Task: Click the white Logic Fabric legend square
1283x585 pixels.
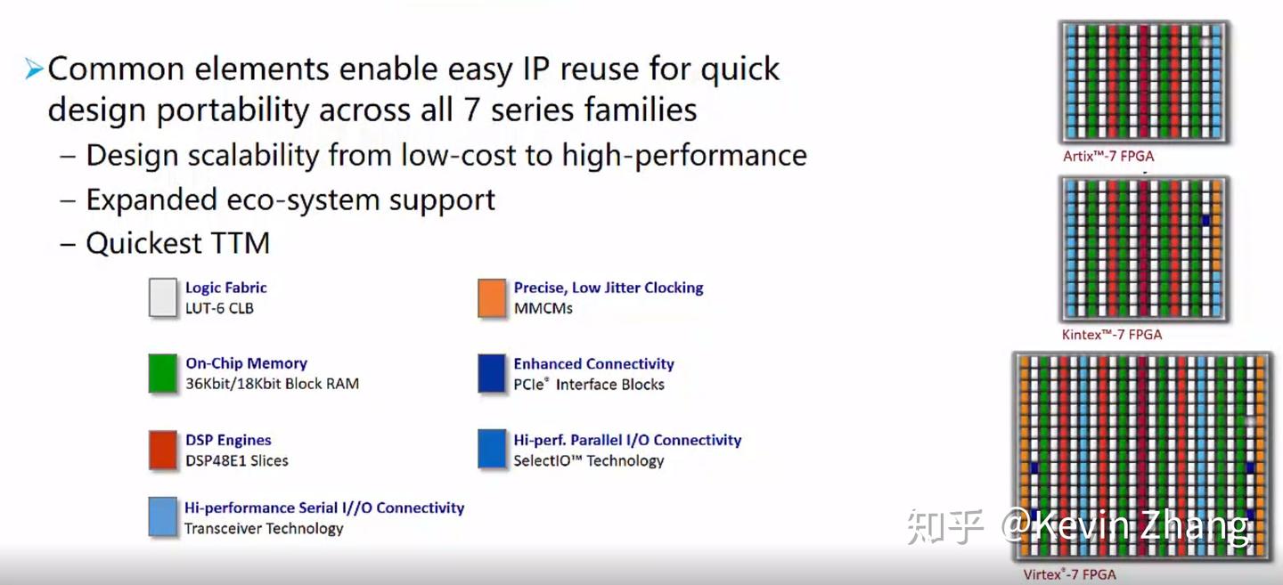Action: tap(163, 298)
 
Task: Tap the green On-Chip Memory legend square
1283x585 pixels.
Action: tap(163, 374)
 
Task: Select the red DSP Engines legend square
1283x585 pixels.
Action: tap(163, 450)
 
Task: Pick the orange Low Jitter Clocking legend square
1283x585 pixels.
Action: tap(492, 298)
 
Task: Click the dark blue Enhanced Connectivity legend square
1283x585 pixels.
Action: tap(492, 374)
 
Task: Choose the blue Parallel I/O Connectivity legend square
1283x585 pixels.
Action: tap(492, 450)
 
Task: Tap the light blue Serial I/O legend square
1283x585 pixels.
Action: tap(163, 517)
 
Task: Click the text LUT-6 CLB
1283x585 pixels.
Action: tap(219, 309)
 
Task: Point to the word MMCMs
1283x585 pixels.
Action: tap(543, 309)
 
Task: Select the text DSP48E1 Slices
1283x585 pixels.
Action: tap(236, 461)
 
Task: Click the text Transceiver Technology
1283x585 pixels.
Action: tap(264, 529)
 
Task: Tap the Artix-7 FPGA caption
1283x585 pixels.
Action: tap(1108, 156)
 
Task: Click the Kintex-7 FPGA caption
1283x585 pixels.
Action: tap(1112, 335)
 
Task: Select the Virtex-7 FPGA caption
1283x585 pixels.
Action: tap(1069, 574)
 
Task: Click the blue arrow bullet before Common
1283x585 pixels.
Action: tap(34, 69)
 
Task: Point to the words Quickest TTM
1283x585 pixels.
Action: tap(177, 243)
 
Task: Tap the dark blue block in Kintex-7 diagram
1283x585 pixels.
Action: tap(1205, 219)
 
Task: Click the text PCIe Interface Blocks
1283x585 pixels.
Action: tap(589, 385)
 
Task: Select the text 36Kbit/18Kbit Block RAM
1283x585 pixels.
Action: tap(272, 385)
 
